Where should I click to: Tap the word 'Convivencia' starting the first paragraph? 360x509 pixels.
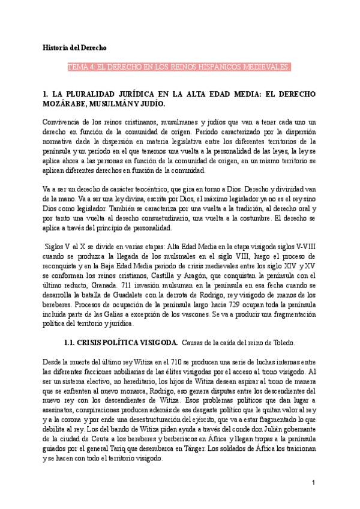tap(63, 122)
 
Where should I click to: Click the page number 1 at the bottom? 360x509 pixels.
tap(313, 482)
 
